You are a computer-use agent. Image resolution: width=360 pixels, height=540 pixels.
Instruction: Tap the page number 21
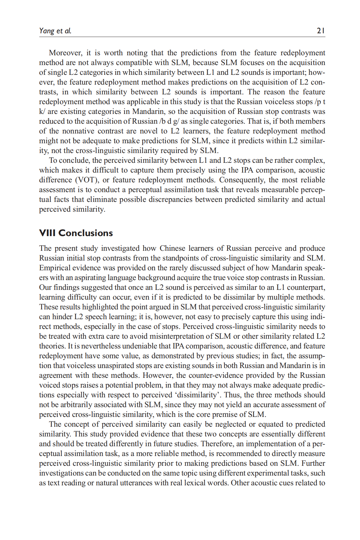click(x=321, y=31)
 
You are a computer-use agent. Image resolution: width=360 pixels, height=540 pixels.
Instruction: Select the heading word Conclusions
click(x=85, y=233)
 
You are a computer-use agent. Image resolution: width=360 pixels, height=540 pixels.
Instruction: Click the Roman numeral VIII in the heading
click(x=47, y=233)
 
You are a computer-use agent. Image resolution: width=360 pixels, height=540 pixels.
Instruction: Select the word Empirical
click(x=54, y=268)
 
